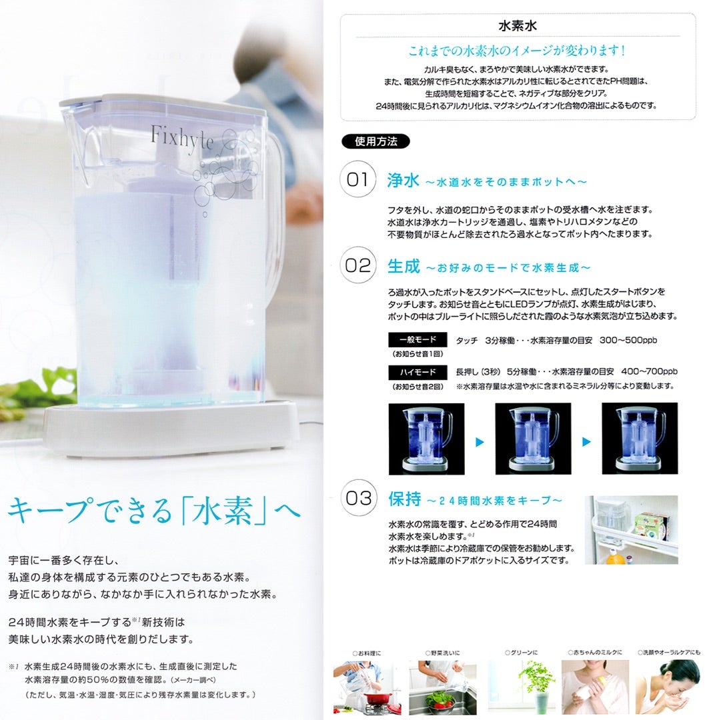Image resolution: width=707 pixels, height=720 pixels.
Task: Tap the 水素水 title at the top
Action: coord(518,27)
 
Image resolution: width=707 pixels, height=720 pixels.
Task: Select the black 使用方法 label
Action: coord(376,141)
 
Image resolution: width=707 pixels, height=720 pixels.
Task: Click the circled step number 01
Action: coord(357,180)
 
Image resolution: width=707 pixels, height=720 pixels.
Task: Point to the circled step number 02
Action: coord(357,266)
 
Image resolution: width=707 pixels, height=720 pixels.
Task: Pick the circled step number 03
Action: coord(357,499)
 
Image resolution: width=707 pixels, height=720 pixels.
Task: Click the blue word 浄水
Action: coord(403,180)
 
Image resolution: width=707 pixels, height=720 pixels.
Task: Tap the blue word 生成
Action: coord(403,267)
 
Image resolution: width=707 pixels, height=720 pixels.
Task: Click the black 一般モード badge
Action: coord(417,340)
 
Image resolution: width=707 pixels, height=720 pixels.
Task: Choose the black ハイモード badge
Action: coord(417,372)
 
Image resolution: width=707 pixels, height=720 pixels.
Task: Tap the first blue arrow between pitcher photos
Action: coord(479,441)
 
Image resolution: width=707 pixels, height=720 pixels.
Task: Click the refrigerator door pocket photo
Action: coord(631,529)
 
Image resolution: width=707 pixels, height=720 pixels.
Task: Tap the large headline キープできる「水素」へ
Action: coord(154,511)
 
